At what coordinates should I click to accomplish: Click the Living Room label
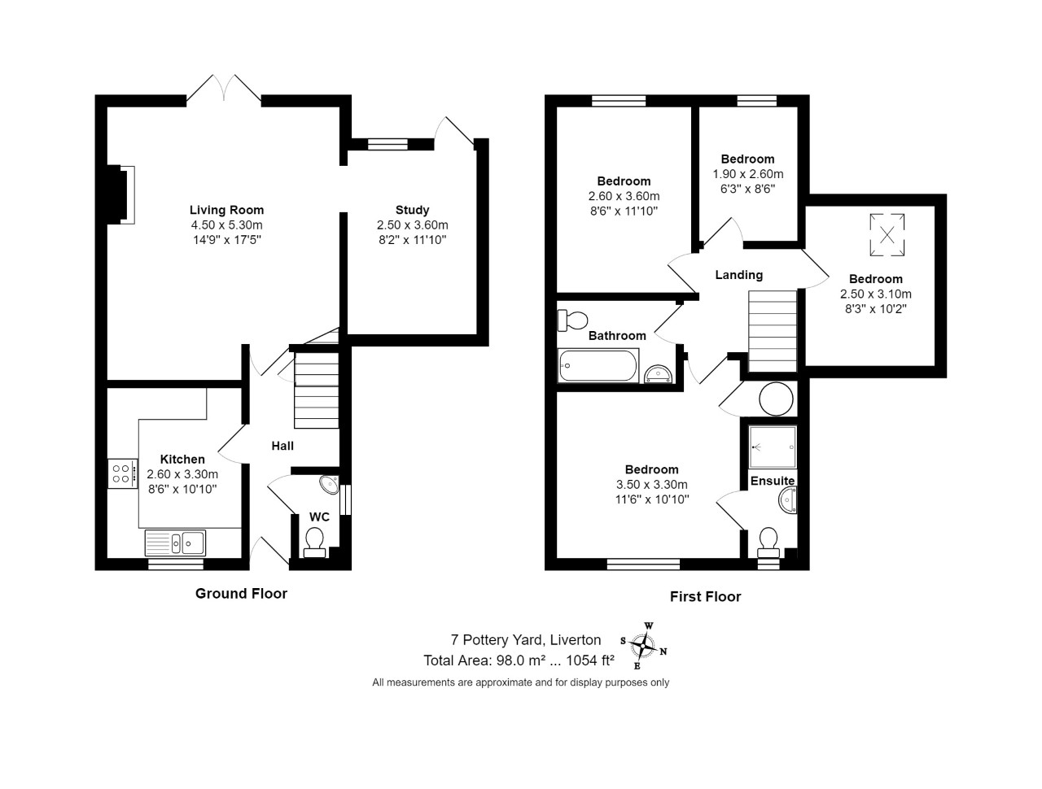tap(226, 210)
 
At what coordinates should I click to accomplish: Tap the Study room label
tap(412, 210)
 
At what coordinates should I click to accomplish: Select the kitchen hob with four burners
tap(122, 473)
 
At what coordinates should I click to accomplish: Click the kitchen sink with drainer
tap(175, 543)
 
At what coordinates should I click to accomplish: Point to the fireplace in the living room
tap(120, 194)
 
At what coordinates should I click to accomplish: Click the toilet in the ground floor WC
tap(314, 543)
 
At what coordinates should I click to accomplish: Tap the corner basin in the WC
tap(330, 484)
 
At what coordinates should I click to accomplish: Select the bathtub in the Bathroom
tap(598, 365)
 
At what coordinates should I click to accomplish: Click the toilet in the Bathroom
tap(572, 320)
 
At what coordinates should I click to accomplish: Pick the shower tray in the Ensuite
tap(772, 447)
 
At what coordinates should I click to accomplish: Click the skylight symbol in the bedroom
tap(887, 235)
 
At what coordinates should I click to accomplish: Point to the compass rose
tap(643, 645)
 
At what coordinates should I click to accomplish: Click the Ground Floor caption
tap(241, 594)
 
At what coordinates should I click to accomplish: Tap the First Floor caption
tap(705, 596)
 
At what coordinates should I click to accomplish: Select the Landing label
tap(738, 275)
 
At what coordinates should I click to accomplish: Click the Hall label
tap(282, 446)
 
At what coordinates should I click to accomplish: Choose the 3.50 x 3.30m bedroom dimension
tap(651, 485)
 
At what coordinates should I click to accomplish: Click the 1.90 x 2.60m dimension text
tap(747, 174)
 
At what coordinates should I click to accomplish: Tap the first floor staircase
tap(773, 331)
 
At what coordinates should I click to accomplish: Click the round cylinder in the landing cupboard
tap(776, 399)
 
